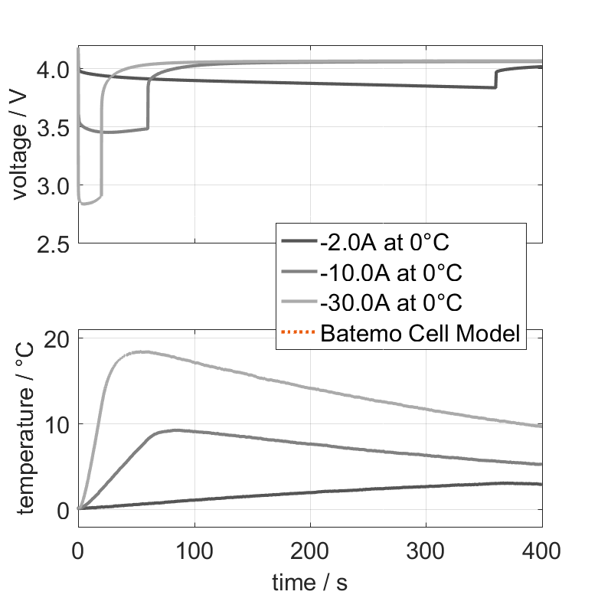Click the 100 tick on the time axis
point(194,549)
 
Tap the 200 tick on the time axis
point(310,549)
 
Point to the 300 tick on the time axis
point(426,549)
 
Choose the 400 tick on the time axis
point(541,549)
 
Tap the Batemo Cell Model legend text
point(421,333)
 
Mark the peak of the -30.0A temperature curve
point(142,351)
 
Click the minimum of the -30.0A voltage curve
point(84,204)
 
